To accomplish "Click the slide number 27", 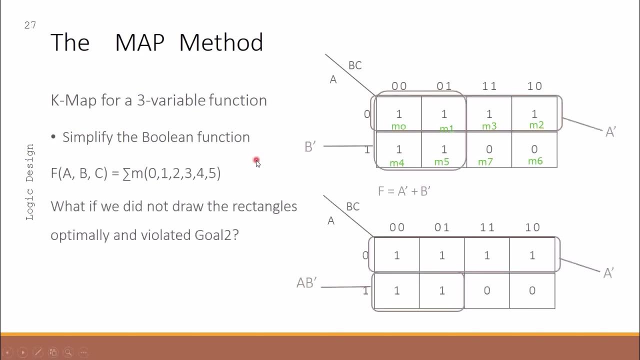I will click(30, 25).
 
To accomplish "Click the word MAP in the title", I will click(139, 42).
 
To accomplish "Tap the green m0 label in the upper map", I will click(398, 126).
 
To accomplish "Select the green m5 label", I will click(441, 161).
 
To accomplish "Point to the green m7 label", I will click(485, 161).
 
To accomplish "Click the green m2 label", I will click(536, 125).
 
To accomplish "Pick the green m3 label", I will click(489, 126).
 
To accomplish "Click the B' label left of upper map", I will click(310, 146).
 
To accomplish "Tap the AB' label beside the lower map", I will click(306, 283).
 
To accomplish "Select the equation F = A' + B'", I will click(404, 191).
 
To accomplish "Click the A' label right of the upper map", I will click(610, 132).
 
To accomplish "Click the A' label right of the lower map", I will click(608, 273).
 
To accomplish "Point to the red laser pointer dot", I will click(256, 160).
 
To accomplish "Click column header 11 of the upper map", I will click(489, 86).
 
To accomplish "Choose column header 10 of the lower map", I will click(532, 227).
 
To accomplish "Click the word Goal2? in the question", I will click(216, 234).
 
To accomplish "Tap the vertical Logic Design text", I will click(29, 182).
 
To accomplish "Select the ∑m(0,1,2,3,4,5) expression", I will click(171, 173).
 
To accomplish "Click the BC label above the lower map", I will click(352, 206).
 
